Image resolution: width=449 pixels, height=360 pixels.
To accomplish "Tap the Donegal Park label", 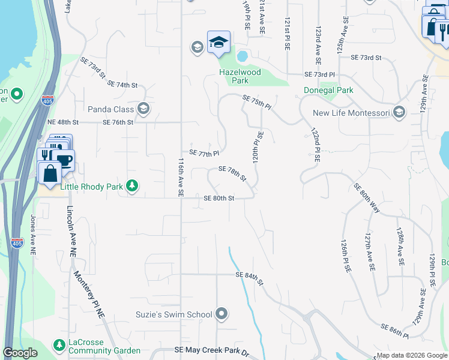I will tap(328, 90).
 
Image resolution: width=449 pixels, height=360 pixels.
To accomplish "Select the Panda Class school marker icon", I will tap(143, 109).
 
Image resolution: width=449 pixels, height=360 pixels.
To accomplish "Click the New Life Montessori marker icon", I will tap(400, 113).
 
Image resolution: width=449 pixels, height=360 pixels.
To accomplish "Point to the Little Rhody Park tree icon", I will tap(132, 186).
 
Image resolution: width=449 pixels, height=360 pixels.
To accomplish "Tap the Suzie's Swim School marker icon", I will tap(222, 314).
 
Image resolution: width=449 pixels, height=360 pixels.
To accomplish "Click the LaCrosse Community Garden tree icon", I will tap(59, 345).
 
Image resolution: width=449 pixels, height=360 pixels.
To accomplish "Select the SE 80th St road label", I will tap(218, 198).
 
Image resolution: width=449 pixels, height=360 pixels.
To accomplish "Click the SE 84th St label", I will tap(250, 277).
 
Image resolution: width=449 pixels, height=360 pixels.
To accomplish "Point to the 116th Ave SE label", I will tap(180, 177).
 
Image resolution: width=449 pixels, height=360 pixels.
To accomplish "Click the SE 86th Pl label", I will tap(394, 329).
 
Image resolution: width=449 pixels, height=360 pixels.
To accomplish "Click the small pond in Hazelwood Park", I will tap(243, 56).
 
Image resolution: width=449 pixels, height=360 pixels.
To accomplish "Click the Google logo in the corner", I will tap(20, 353).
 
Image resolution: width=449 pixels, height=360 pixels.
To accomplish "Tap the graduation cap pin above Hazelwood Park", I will tap(218, 42).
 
